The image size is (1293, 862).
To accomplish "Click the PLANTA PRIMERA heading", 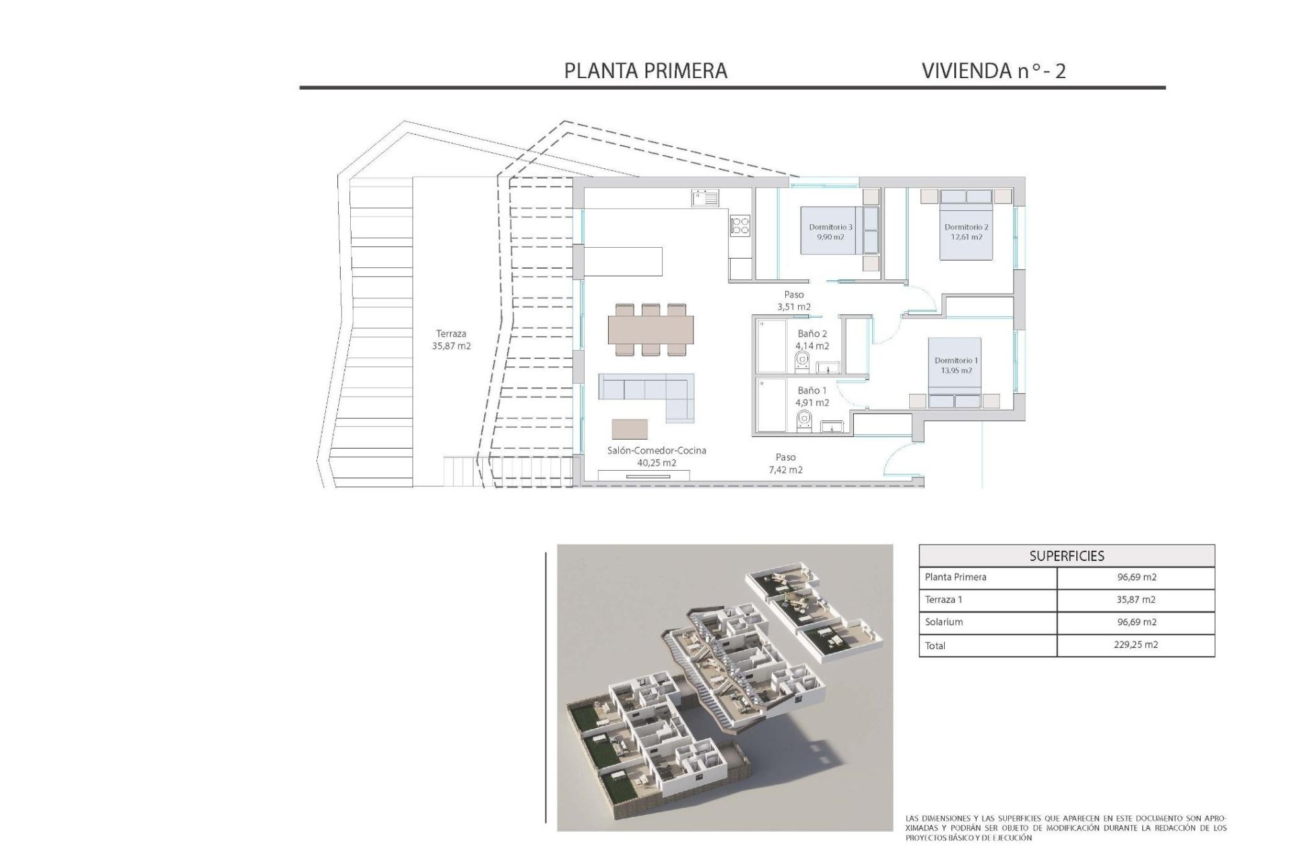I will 645,71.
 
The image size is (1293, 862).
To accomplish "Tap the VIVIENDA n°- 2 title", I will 993,71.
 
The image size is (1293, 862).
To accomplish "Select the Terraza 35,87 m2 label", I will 451,339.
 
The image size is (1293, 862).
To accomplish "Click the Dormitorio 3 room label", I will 830,232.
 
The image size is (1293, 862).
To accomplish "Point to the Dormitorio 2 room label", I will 966,232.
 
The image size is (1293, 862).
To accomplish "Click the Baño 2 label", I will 811,339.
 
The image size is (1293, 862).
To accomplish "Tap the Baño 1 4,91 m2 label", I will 811,396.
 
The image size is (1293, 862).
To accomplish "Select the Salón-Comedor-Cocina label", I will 656,456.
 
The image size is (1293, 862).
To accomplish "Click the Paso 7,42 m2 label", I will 785,463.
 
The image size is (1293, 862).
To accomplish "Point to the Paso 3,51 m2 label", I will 794,300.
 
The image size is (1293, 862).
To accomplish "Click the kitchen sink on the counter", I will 704,198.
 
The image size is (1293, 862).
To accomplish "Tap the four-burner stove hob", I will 740,225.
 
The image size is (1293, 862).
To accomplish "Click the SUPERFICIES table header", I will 1066,556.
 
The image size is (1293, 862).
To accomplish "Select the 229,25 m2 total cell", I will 1136,644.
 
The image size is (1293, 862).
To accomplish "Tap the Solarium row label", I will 943,622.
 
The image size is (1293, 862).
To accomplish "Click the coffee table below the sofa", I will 630,429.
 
